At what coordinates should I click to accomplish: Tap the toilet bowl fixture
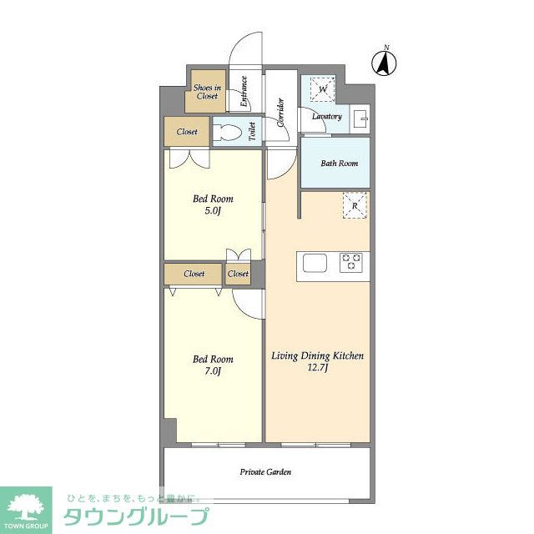(227, 132)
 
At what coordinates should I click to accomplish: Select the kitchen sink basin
(315, 264)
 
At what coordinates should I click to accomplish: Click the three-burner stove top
(350, 262)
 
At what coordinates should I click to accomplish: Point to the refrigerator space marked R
(355, 205)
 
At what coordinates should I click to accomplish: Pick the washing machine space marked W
(323, 89)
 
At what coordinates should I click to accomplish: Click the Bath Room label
(340, 164)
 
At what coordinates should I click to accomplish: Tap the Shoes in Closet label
(207, 92)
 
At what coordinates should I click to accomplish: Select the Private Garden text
(265, 471)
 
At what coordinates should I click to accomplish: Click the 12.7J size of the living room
(317, 368)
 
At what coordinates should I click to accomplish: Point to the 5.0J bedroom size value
(213, 211)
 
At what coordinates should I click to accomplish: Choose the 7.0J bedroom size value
(213, 371)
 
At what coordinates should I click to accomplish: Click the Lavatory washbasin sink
(360, 118)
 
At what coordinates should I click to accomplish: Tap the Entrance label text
(244, 91)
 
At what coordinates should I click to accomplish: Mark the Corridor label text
(280, 113)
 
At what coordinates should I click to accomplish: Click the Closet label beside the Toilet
(187, 132)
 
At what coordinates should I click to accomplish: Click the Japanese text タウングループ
(136, 516)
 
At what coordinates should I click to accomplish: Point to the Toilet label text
(252, 132)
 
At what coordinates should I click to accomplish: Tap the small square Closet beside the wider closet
(238, 274)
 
